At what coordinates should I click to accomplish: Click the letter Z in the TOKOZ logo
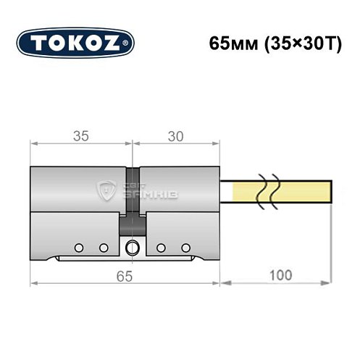point(117,43)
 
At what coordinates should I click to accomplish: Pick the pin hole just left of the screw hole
point(104,248)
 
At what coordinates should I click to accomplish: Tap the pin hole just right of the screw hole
point(161,248)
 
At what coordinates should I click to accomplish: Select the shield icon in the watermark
point(108,192)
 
